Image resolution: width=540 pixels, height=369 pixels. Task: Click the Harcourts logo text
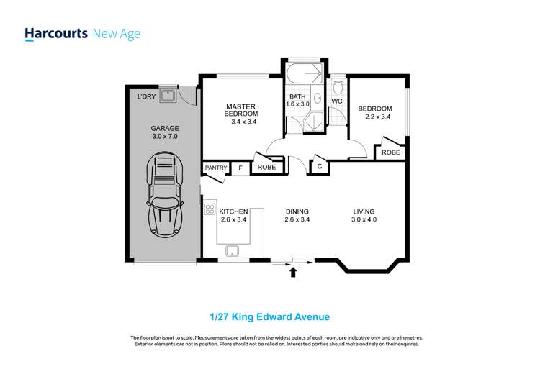click(x=56, y=33)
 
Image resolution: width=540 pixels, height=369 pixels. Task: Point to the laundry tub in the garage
click(x=168, y=94)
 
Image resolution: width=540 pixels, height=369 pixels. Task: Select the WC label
click(x=336, y=101)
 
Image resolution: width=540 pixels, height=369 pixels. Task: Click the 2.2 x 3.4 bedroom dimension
click(x=377, y=117)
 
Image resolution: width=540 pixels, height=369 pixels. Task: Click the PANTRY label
click(x=216, y=168)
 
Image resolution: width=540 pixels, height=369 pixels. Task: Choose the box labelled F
click(x=240, y=168)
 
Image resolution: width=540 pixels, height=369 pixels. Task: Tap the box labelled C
click(x=318, y=166)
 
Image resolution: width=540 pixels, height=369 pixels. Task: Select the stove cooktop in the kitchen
click(x=210, y=209)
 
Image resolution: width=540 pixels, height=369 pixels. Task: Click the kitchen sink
click(x=233, y=251)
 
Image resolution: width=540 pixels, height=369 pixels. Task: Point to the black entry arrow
click(x=292, y=272)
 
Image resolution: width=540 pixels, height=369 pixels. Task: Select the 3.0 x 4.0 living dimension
click(x=364, y=220)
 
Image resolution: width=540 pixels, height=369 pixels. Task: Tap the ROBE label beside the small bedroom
click(x=391, y=152)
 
